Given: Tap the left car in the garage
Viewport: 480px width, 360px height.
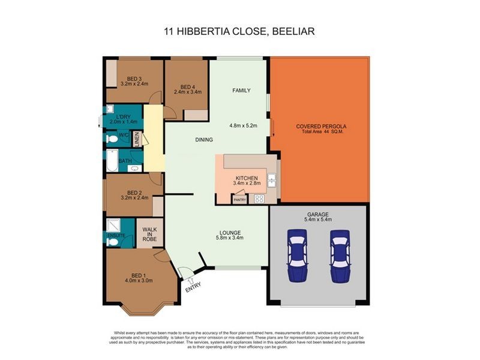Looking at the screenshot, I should click(x=297, y=256).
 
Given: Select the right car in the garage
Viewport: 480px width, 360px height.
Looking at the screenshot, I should click(x=339, y=256).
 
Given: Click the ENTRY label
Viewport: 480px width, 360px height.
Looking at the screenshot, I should click(x=193, y=289).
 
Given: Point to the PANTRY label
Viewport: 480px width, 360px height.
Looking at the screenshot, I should click(x=239, y=199).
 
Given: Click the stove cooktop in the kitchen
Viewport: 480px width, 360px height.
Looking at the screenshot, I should click(x=259, y=199).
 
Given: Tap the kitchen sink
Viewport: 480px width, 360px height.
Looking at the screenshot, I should click(x=272, y=178).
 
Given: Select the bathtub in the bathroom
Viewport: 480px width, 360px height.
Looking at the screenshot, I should click(x=112, y=161).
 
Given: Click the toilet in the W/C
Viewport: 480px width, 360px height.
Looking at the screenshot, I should click(x=112, y=139).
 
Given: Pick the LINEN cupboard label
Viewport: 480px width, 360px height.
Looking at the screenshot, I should click(x=137, y=140).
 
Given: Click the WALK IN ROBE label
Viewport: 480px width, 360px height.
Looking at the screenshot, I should click(x=149, y=234).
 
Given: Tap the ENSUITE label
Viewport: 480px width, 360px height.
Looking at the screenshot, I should click(x=115, y=236).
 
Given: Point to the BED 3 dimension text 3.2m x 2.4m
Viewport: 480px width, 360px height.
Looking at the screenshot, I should click(x=134, y=84).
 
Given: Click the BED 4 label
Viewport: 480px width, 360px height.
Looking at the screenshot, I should click(x=188, y=86).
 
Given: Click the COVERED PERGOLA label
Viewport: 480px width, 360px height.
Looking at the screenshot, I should click(x=321, y=127).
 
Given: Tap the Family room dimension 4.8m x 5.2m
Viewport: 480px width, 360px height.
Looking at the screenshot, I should click(x=243, y=126).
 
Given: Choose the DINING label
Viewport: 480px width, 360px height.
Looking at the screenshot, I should click(x=204, y=140).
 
